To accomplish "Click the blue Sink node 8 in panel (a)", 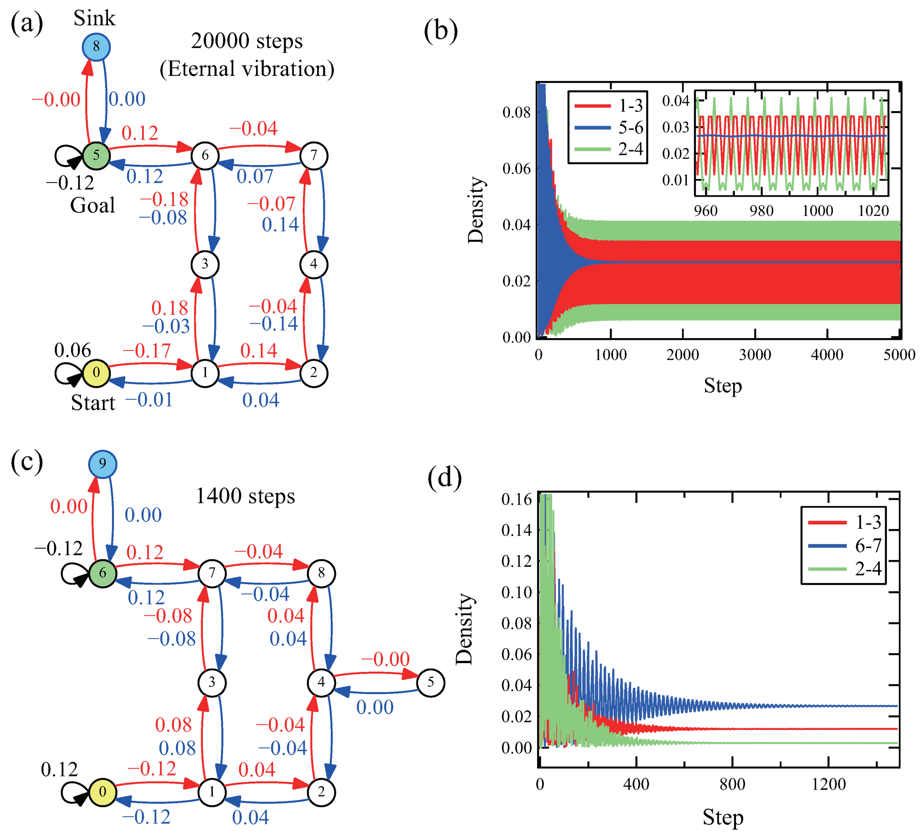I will click(x=96, y=47).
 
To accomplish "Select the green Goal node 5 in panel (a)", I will click(x=96, y=155).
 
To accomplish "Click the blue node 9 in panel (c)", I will click(x=102, y=464).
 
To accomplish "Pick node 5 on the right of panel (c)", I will click(x=430, y=683).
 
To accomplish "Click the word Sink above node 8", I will click(x=94, y=18).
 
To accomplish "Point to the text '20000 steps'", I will click(x=247, y=41).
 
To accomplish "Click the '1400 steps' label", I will click(x=245, y=496).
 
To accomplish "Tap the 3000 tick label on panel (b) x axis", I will click(x=755, y=355).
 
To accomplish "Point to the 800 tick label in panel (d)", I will click(x=732, y=784).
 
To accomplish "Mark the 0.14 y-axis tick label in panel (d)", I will click(x=516, y=530).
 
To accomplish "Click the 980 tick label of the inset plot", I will click(x=761, y=211).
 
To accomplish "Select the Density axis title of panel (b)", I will click(x=476, y=210).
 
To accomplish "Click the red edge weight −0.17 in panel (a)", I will click(x=147, y=351).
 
